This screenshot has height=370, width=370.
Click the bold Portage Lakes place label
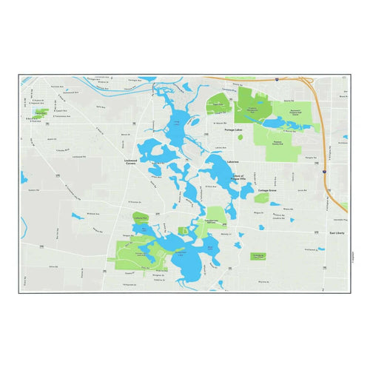coord(235,129)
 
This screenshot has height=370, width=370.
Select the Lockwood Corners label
coord(133,161)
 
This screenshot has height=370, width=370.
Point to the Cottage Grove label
coord(267,190)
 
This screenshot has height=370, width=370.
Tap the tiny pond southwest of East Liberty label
coord(320,250)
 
